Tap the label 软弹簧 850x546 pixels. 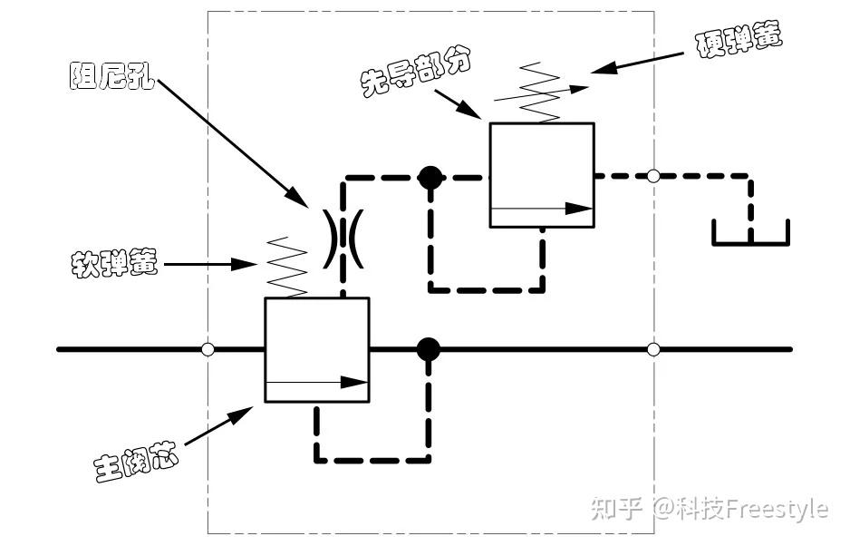(115, 264)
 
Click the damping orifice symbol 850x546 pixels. (343, 239)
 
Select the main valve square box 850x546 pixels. (316, 349)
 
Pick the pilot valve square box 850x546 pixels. (541, 175)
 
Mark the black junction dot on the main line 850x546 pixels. (428, 349)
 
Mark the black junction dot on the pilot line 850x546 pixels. (430, 177)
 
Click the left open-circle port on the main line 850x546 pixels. (208, 349)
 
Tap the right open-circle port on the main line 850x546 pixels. (653, 349)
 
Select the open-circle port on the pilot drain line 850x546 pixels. (653, 176)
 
